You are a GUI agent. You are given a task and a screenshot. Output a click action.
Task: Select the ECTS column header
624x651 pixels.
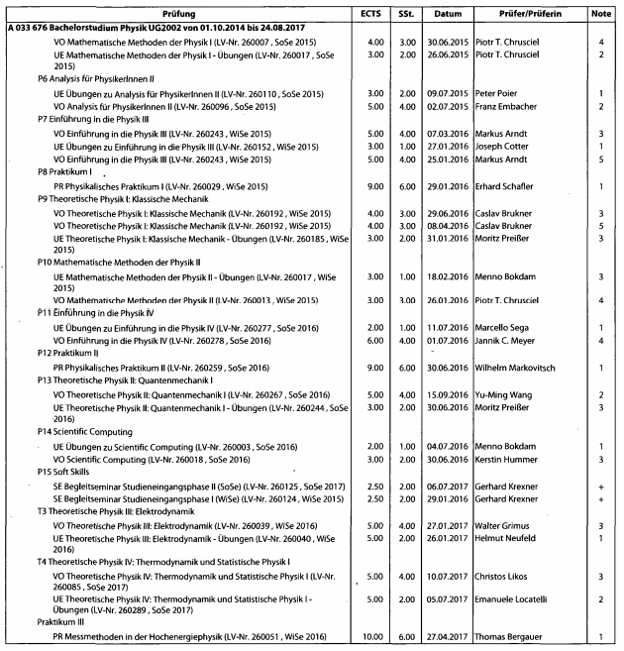click(376, 13)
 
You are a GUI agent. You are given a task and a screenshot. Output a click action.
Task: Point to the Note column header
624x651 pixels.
click(601, 13)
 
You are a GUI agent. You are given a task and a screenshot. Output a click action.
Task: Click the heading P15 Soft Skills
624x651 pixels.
click(70, 473)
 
